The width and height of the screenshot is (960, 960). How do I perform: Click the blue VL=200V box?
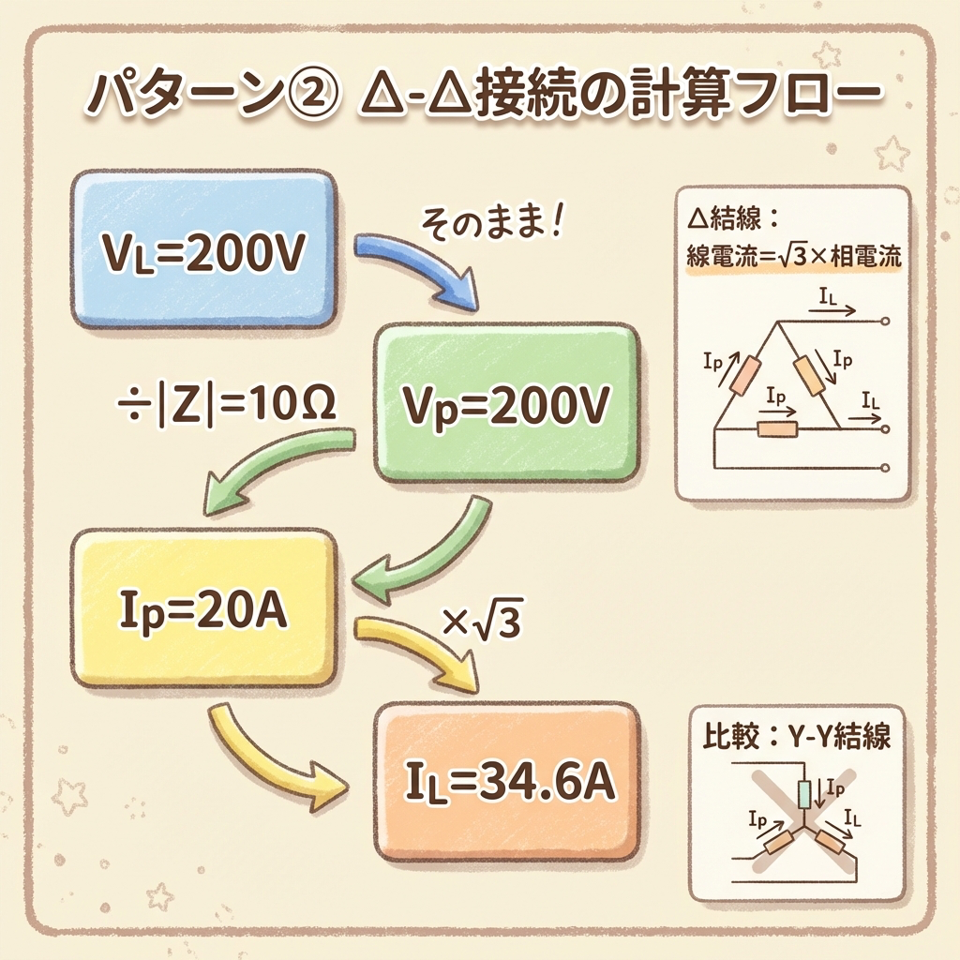click(202, 248)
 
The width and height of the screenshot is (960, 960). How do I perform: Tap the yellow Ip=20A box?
click(202, 607)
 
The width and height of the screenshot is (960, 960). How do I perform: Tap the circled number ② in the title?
click(308, 95)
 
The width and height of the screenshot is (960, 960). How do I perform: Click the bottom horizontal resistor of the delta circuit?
click(776, 428)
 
